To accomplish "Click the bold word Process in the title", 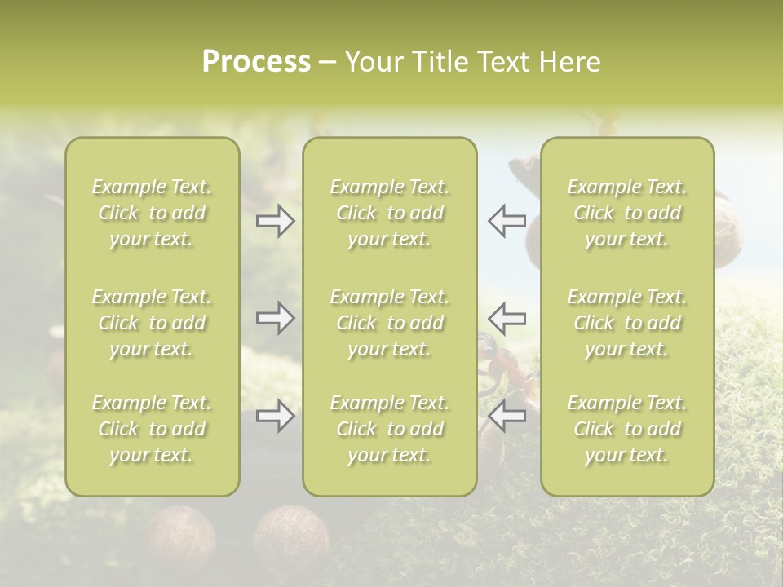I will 256,62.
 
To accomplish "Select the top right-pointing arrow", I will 275,222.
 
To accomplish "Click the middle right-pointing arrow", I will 275,319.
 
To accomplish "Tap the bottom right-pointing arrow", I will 275,417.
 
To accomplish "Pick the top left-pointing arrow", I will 507,222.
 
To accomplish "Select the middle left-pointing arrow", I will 507,319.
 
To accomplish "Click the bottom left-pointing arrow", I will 507,417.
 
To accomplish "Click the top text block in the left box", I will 152,213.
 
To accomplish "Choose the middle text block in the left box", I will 152,323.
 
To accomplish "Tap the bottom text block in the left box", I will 152,429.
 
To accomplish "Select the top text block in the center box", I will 390,213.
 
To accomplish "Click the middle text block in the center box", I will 390,323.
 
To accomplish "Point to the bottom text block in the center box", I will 390,429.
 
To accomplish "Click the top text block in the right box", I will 627,213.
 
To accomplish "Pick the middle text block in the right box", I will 627,323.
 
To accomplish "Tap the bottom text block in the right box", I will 627,429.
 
